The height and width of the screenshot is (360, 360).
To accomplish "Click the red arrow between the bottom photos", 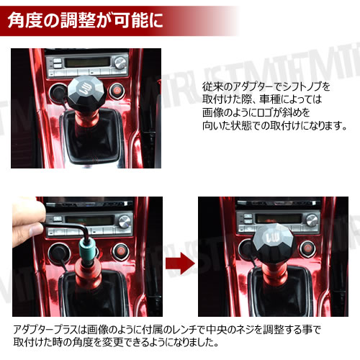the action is [x=180, y=264].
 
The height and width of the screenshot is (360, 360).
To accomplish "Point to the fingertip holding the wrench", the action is [x=36, y=229].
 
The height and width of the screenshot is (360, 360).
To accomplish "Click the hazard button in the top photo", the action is [x=117, y=91].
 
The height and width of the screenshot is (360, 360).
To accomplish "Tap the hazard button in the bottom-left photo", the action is [x=121, y=251].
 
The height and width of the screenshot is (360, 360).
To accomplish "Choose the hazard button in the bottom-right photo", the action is [x=308, y=248].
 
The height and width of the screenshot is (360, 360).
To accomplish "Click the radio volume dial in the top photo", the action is [x=120, y=62].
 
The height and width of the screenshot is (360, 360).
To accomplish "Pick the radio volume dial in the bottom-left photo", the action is [x=125, y=221].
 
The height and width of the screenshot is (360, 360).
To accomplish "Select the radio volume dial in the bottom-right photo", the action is [x=312, y=220].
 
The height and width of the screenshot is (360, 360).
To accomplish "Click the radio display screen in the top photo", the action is [x=87, y=63].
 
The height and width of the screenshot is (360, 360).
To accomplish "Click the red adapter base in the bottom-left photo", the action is [x=88, y=276].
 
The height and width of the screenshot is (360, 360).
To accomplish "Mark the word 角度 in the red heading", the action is [x=25, y=20].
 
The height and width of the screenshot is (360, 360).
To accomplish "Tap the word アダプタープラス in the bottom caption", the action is [x=45, y=330].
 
